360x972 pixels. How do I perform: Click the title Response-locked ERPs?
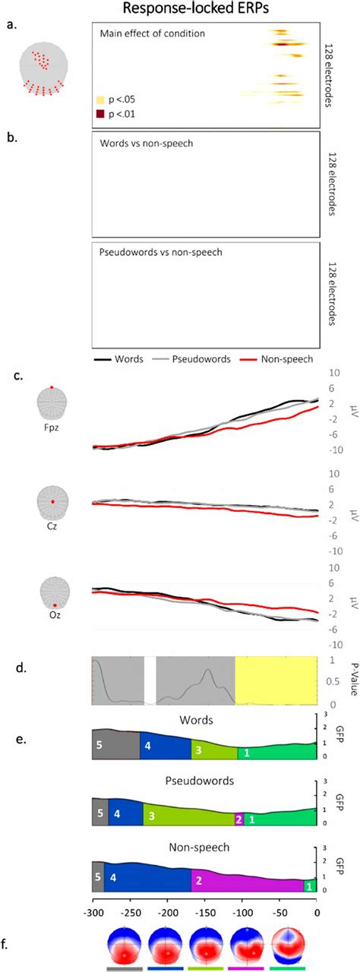point(203,9)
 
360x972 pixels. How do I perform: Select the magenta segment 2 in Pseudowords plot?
point(239,819)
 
